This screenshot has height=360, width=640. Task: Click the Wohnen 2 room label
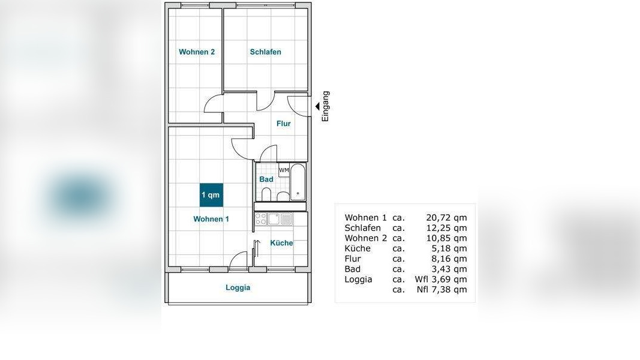point(197,52)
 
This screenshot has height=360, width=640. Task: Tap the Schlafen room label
point(265,52)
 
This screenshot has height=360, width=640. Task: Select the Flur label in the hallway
point(283,123)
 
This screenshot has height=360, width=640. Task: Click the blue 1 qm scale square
point(211,194)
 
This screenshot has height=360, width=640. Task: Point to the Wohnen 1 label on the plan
point(211,219)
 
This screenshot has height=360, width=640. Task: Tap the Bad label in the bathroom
point(266,179)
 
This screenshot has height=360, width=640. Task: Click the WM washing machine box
point(284,170)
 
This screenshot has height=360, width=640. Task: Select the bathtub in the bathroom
point(298,182)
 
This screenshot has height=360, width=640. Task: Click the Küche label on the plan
point(282,243)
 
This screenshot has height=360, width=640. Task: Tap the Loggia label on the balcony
point(238,287)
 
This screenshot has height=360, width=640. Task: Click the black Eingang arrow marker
point(317,107)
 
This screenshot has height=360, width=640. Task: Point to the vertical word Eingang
point(325,107)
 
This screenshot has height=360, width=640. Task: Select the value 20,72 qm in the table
point(446,218)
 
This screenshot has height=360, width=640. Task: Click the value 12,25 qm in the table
point(446,228)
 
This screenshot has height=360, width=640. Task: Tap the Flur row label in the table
point(353,259)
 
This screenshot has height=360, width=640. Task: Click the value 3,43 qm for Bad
point(449,269)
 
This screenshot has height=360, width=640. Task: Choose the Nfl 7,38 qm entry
point(442,290)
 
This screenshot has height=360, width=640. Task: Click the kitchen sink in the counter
point(274,219)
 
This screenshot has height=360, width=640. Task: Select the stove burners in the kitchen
point(261,219)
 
